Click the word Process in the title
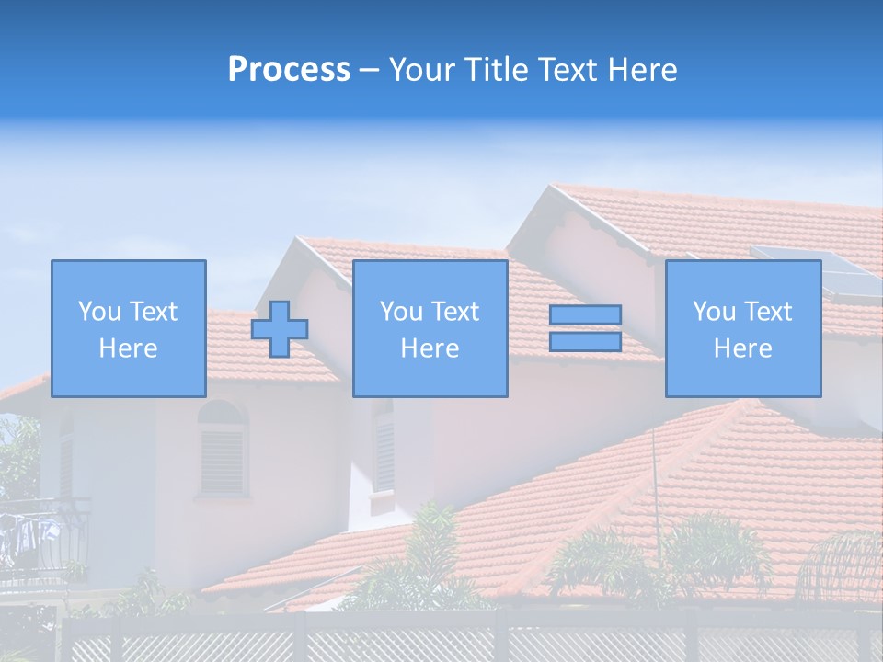[x=289, y=70]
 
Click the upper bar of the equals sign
[x=585, y=315]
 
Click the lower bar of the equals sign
[x=585, y=342]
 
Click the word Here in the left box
[x=128, y=348]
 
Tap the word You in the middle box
[x=401, y=312]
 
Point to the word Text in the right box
[x=768, y=312]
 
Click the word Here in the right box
[x=742, y=348]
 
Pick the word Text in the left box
[x=154, y=312]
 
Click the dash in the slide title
[x=369, y=70]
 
